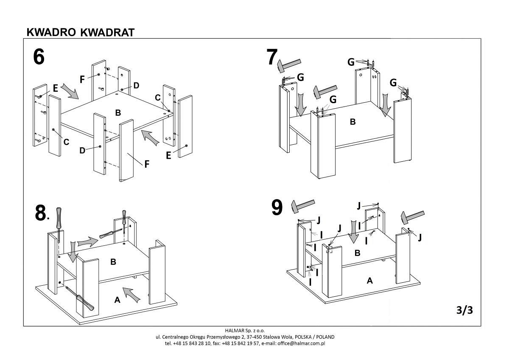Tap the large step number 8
click(41, 214)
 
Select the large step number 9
click(277, 208)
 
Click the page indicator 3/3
click(464, 310)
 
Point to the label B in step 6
click(118, 112)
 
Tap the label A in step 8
click(117, 300)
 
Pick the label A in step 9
click(369, 280)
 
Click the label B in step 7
click(352, 122)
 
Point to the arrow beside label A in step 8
click(131, 294)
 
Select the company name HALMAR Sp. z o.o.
click(245, 330)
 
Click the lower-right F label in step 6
click(147, 164)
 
